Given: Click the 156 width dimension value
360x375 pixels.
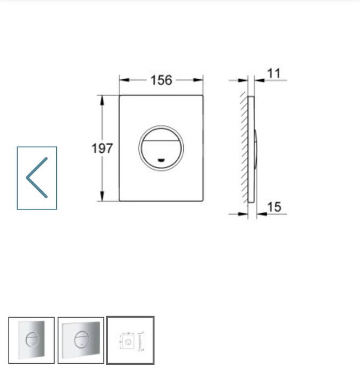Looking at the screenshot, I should point(161,80).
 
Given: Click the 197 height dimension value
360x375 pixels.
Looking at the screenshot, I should point(102,148).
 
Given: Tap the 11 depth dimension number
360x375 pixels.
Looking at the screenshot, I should point(274,74).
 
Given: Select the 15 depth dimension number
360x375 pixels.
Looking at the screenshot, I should point(274,207).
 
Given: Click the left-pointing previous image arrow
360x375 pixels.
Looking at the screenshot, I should point(37,178).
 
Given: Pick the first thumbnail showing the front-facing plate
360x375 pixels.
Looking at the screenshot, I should point(31,341).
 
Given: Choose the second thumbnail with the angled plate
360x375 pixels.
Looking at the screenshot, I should point(81,341).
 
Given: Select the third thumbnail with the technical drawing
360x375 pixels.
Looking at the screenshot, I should point(130,341).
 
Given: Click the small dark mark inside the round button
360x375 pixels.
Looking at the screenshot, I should point(161,159).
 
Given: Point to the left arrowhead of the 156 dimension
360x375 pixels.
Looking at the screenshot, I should point(122,80).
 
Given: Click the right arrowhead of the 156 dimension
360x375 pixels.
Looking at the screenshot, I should point(200,80).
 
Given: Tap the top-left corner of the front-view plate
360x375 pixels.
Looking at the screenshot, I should point(119,96).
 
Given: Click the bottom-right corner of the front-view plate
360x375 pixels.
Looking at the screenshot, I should point(202,201).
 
